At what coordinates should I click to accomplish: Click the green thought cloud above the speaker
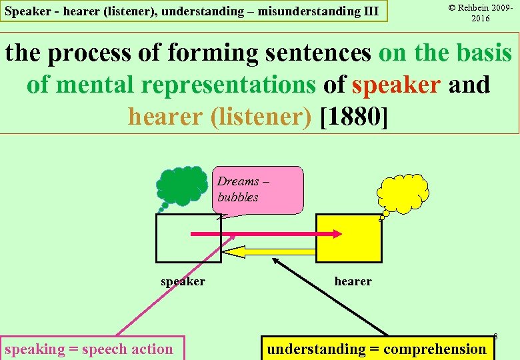pos(183,187)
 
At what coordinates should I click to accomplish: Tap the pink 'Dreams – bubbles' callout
pos(259,189)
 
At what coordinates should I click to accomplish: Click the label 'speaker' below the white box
pos(183,281)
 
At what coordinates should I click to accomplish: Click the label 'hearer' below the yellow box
pos(353,281)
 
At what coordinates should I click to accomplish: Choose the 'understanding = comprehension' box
pos(377,349)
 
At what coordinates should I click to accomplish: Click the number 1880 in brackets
pos(353,116)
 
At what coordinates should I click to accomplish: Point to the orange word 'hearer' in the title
pos(165,116)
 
